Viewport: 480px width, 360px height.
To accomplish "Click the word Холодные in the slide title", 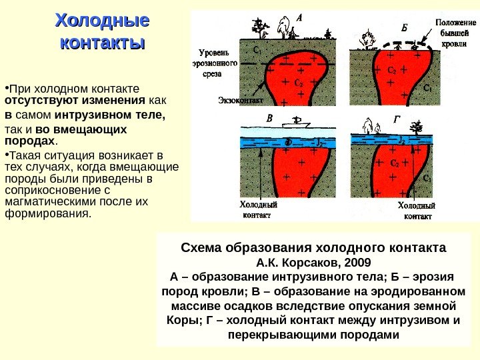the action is point(102,20).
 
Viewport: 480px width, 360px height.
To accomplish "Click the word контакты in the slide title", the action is point(102,44).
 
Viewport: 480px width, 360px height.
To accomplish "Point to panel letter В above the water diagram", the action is point(269,118).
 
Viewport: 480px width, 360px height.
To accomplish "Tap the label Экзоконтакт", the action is point(241,101).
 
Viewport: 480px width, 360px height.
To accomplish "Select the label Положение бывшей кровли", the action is point(455,31).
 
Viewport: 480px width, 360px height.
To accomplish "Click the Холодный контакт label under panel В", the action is point(257,211).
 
